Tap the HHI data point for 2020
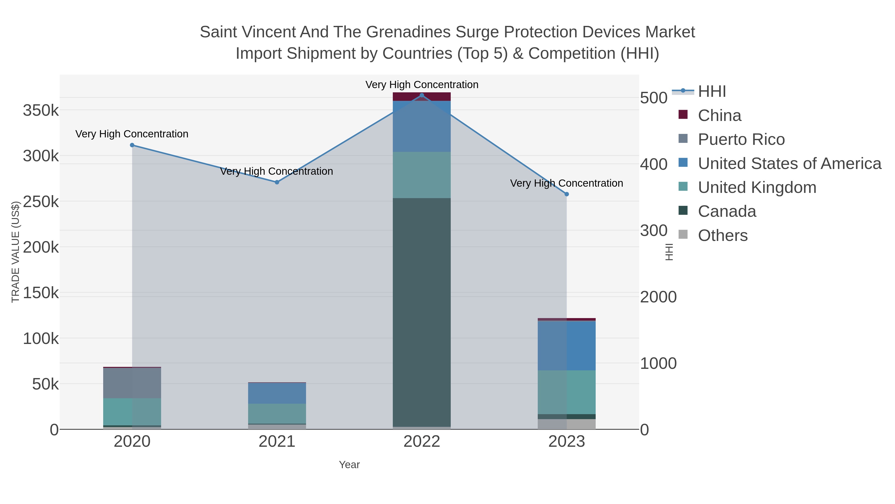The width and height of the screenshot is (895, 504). click(x=132, y=145)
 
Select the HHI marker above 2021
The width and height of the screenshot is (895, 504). click(x=277, y=182)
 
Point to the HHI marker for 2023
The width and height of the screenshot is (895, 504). click(x=567, y=194)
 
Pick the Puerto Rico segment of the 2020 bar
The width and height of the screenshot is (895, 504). click(x=132, y=383)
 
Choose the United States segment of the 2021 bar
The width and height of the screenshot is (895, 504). click(x=277, y=393)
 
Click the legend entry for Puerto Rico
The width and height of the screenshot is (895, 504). click(x=741, y=139)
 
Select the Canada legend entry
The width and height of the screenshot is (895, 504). click(x=727, y=212)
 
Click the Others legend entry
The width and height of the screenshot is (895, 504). click(x=723, y=235)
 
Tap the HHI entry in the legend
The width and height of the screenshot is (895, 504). click(x=712, y=92)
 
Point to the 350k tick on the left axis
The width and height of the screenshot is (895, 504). click(x=41, y=111)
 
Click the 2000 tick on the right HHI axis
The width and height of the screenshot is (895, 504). click(x=658, y=297)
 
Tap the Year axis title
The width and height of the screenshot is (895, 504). click(x=349, y=465)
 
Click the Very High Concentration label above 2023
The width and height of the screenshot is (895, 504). click(x=566, y=183)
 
